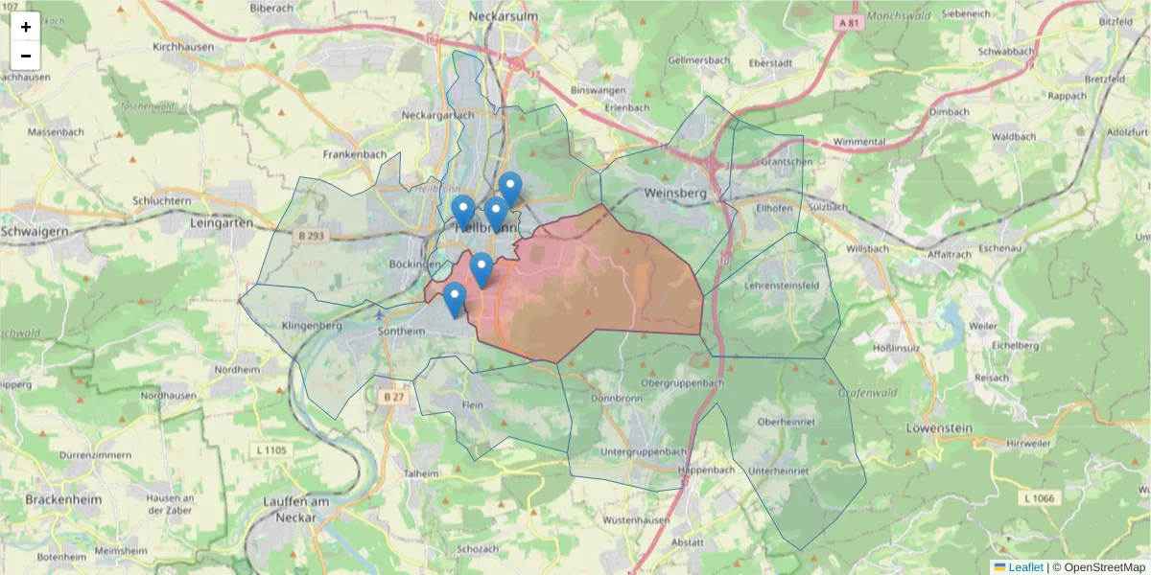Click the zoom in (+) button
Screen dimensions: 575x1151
click(26, 27)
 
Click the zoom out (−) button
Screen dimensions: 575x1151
click(26, 56)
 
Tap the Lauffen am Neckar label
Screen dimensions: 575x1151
click(296, 509)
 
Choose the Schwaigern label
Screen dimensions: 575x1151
click(35, 231)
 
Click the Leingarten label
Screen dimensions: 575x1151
click(221, 222)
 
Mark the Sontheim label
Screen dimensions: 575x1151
click(402, 331)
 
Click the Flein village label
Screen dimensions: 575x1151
click(472, 405)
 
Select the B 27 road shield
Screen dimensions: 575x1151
click(393, 396)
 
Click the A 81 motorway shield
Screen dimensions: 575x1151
click(846, 22)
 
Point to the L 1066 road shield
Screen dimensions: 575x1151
click(1039, 497)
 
